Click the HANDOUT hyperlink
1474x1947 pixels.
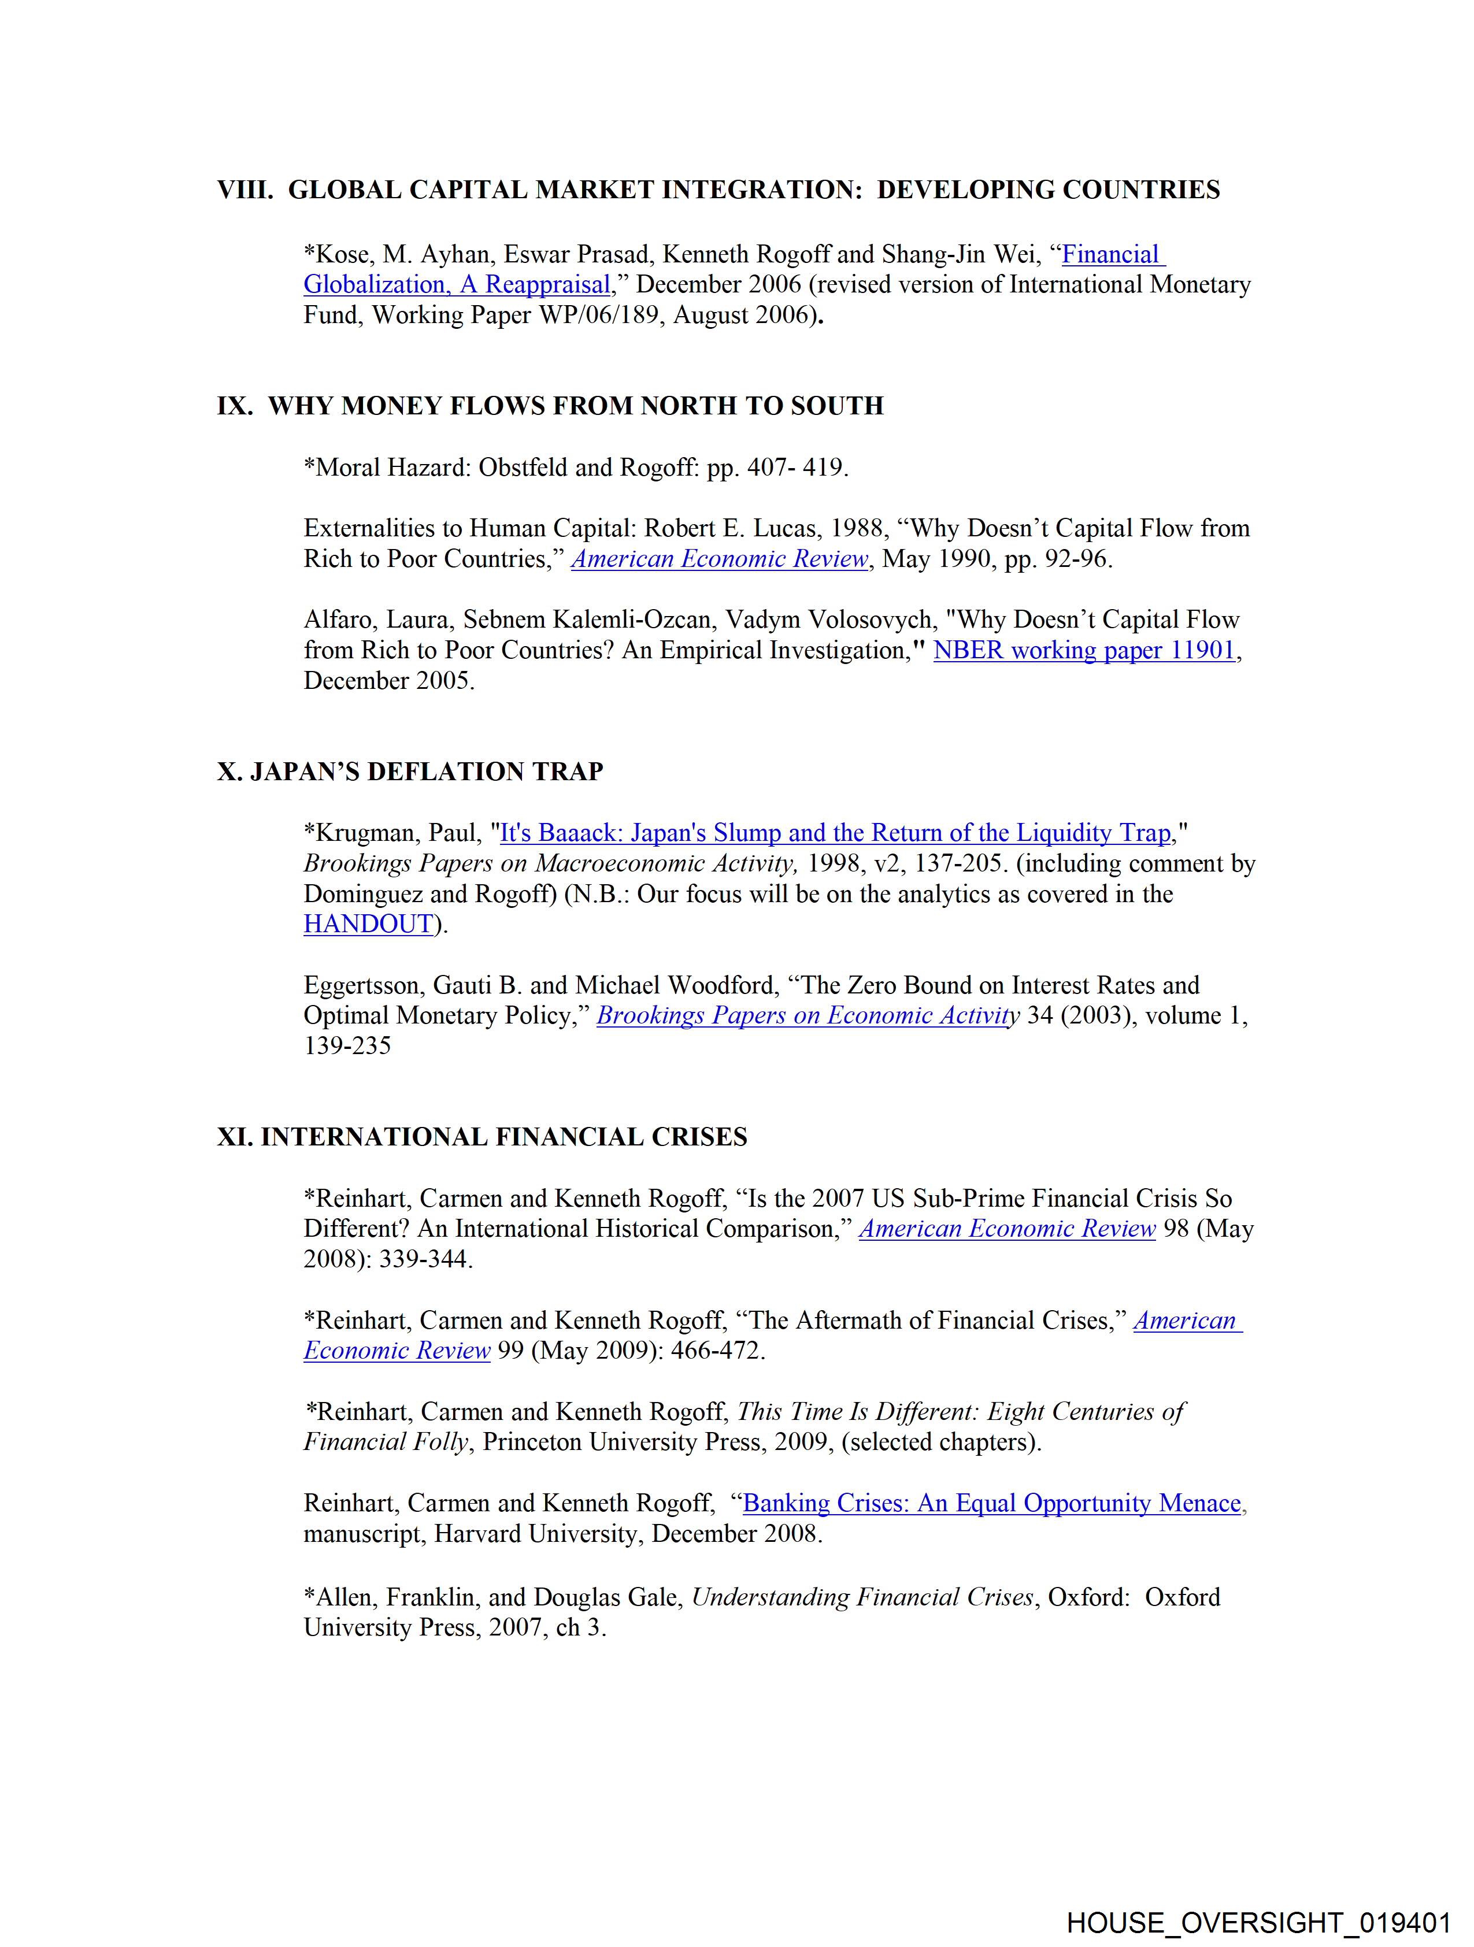[368, 924]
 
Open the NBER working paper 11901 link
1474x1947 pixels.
[1084, 651]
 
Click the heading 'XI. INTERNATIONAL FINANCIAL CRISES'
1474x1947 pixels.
[482, 1137]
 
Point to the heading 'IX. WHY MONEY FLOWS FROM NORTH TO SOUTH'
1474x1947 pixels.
[550, 406]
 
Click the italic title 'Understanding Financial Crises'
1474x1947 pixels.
[862, 1597]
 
